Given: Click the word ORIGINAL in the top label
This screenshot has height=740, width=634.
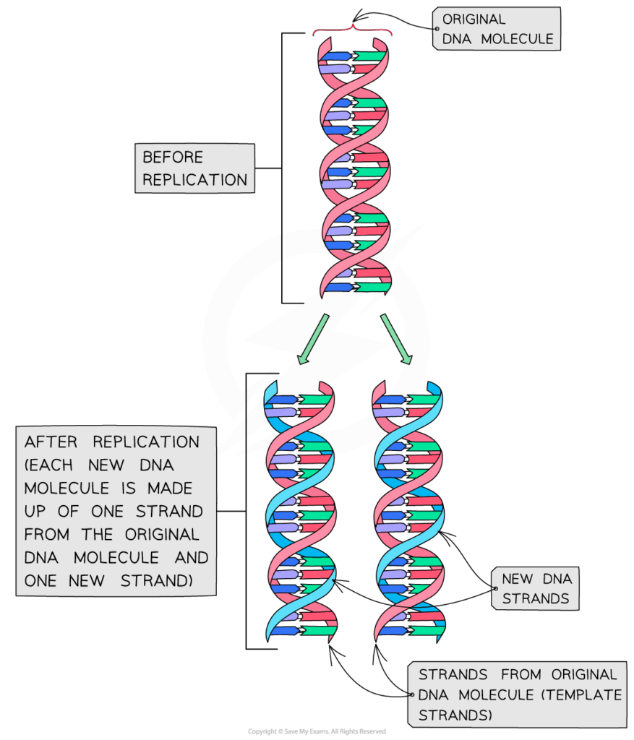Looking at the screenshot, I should coord(474,20).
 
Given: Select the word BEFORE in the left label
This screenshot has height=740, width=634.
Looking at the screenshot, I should coord(173,158).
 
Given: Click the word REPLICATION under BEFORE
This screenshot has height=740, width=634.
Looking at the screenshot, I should coord(194,180).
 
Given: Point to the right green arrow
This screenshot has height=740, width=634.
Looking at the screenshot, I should coord(395,337).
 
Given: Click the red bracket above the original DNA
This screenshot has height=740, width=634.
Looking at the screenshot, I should coord(352,30).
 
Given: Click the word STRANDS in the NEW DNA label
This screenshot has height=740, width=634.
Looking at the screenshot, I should coord(536,598).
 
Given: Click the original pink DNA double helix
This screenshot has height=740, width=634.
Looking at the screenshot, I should coord(354,166).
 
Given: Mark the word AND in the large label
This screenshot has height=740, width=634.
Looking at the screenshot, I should coord(191,558).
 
